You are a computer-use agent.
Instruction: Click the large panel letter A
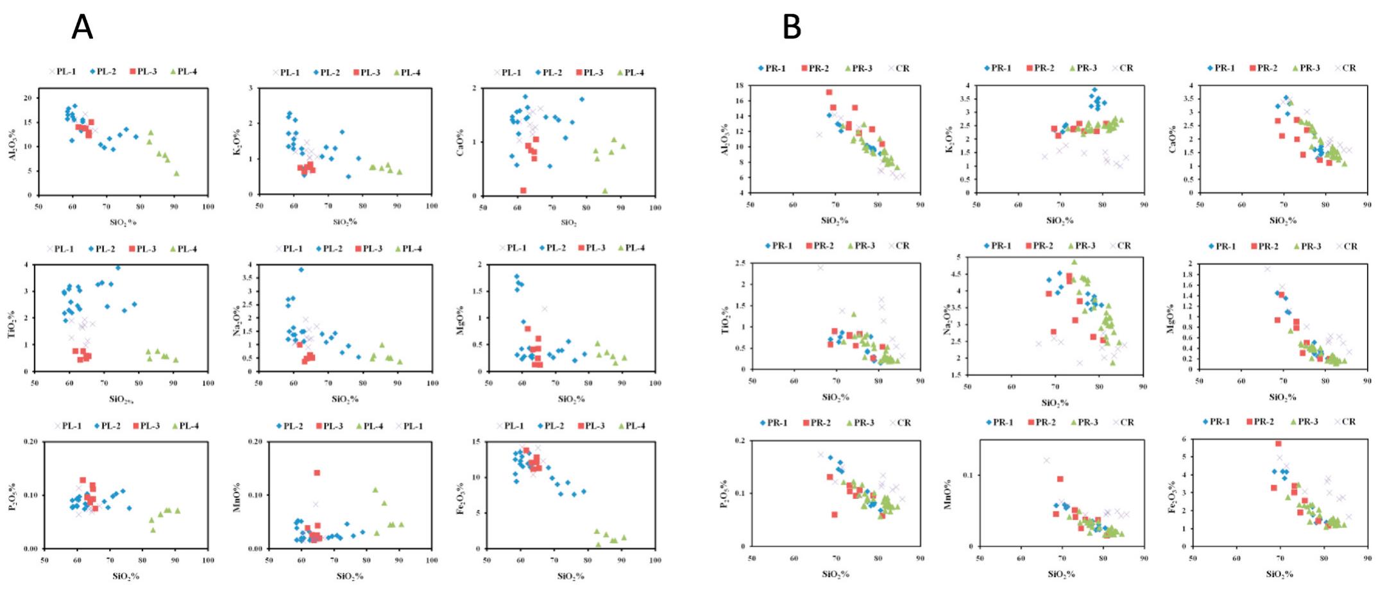(x=82, y=27)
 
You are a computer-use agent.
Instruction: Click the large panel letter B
(x=792, y=27)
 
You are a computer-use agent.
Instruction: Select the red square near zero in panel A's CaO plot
(x=523, y=190)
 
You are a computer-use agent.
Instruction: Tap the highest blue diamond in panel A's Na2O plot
(x=301, y=270)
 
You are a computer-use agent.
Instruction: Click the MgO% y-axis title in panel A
(x=463, y=319)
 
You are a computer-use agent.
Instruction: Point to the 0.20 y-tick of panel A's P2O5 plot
(x=29, y=442)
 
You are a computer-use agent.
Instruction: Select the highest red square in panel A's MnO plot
(x=317, y=473)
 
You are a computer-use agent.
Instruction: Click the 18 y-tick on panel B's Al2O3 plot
(x=739, y=85)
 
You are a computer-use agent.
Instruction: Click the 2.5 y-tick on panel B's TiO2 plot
(x=742, y=263)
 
